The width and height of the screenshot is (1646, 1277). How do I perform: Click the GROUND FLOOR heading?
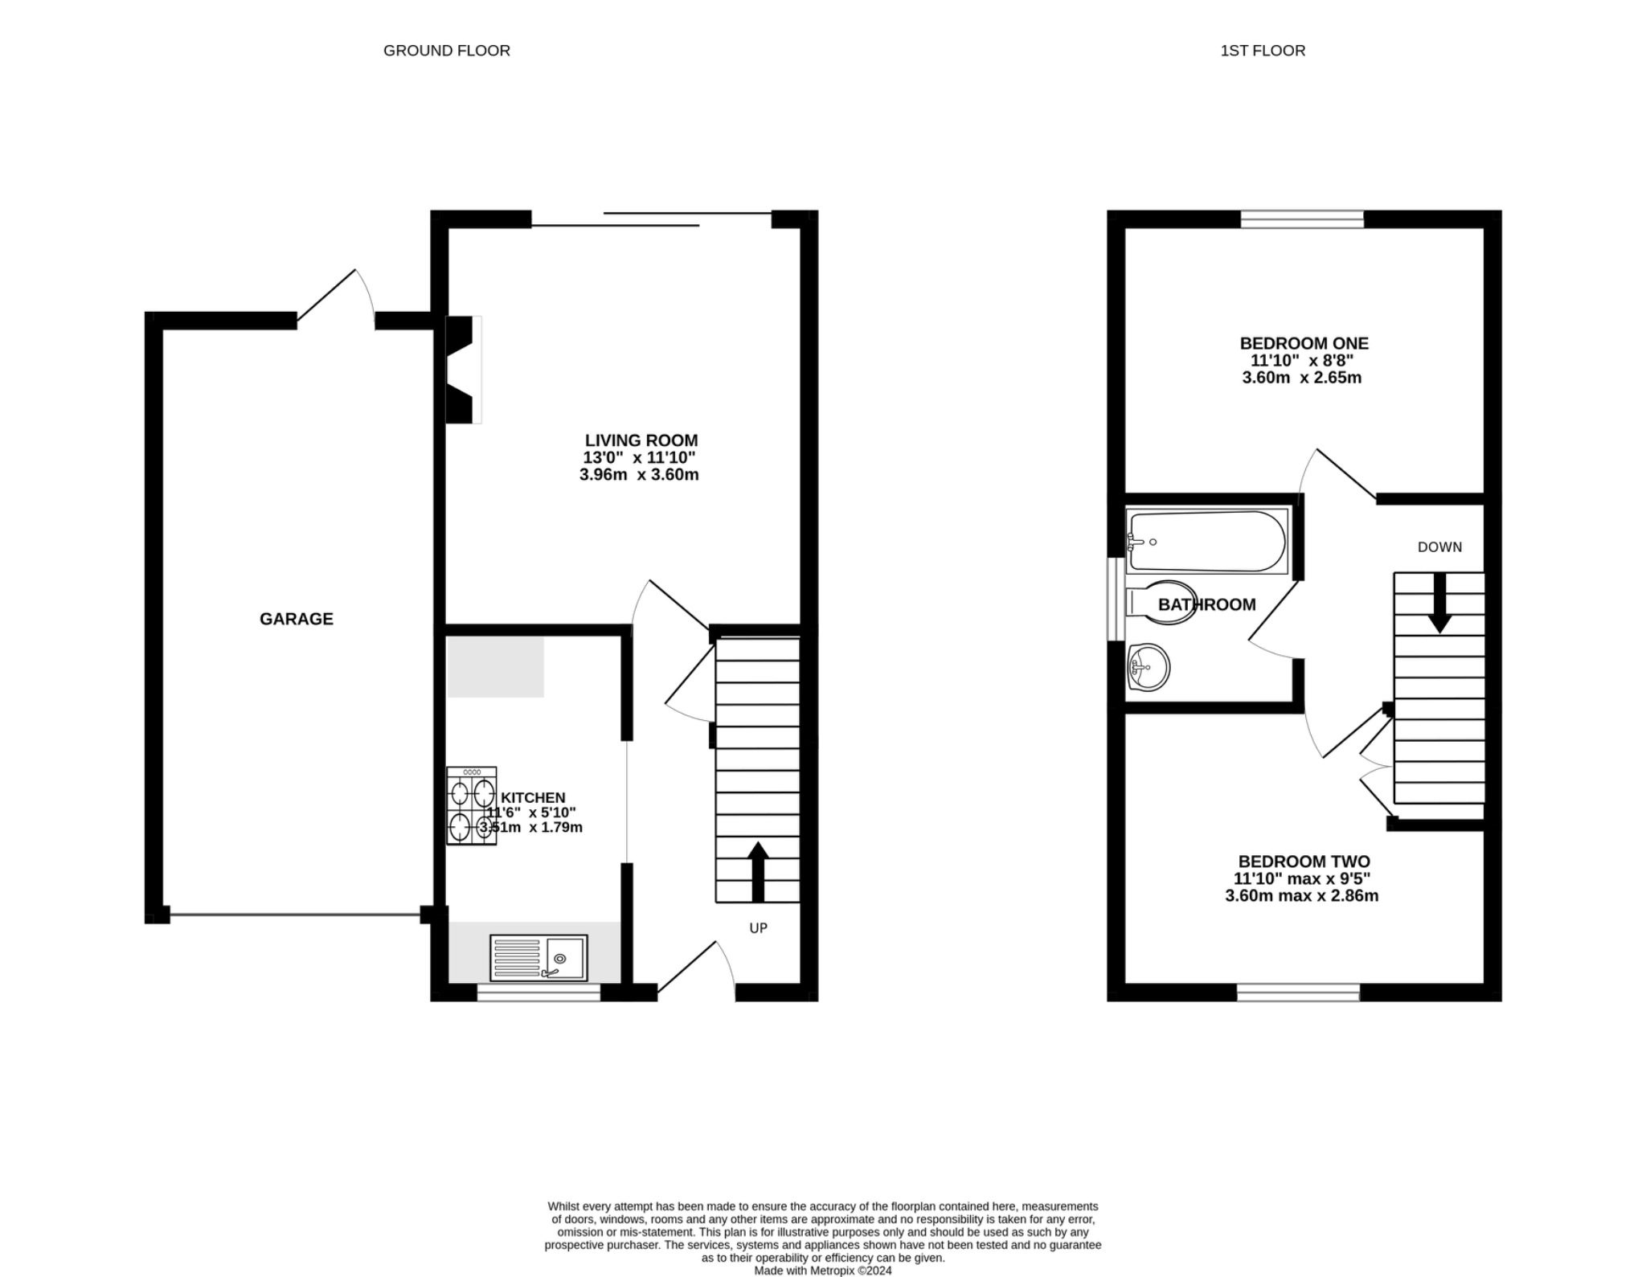click(x=446, y=51)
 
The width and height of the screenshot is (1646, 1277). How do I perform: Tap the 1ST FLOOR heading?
click(x=1262, y=51)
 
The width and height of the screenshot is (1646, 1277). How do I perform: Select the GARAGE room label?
click(x=296, y=619)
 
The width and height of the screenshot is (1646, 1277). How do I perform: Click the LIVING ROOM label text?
click(x=641, y=440)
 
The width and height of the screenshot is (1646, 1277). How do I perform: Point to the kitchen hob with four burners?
click(x=472, y=806)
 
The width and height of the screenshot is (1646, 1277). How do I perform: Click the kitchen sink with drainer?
click(x=538, y=957)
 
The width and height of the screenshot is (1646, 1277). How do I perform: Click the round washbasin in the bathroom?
click(x=1148, y=667)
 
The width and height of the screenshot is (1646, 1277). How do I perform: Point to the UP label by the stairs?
click(x=758, y=928)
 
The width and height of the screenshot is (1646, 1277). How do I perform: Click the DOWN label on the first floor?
click(x=1439, y=547)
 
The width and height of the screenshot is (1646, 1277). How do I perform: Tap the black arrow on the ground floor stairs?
click(x=758, y=871)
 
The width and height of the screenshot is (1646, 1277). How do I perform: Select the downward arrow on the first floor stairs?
click(x=1439, y=603)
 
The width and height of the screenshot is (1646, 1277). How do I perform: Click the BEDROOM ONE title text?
click(x=1304, y=343)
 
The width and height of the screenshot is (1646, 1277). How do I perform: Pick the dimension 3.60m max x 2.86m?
click(x=1301, y=896)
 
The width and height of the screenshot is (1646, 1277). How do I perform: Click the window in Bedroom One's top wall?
click(x=1302, y=219)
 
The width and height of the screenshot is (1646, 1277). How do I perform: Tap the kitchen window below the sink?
click(x=538, y=993)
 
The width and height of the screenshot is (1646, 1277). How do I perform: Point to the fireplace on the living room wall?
click(x=463, y=370)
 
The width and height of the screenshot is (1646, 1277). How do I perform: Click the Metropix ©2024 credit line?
click(x=822, y=1271)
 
